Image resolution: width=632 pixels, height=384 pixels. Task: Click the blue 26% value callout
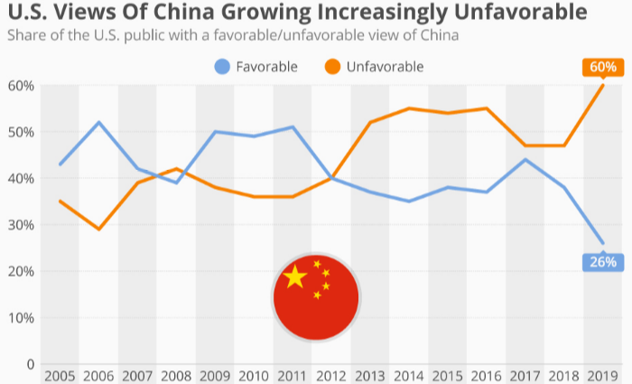(x=603, y=262)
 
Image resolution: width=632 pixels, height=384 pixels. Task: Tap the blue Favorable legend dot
(x=222, y=66)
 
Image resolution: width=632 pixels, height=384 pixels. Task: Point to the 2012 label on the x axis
(x=332, y=375)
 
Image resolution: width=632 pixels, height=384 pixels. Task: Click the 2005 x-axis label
(x=60, y=375)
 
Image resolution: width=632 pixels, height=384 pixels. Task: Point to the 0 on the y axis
(x=30, y=365)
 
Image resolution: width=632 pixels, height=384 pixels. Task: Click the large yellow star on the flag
(x=294, y=277)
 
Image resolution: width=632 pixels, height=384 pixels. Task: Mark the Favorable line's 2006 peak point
(x=98, y=122)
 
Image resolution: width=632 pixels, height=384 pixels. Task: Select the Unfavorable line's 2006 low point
(x=98, y=229)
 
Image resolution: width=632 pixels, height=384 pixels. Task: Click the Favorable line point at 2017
(x=525, y=160)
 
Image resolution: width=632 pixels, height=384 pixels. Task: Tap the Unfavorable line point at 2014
(x=409, y=108)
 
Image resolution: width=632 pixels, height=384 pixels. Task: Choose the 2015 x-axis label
(x=449, y=375)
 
